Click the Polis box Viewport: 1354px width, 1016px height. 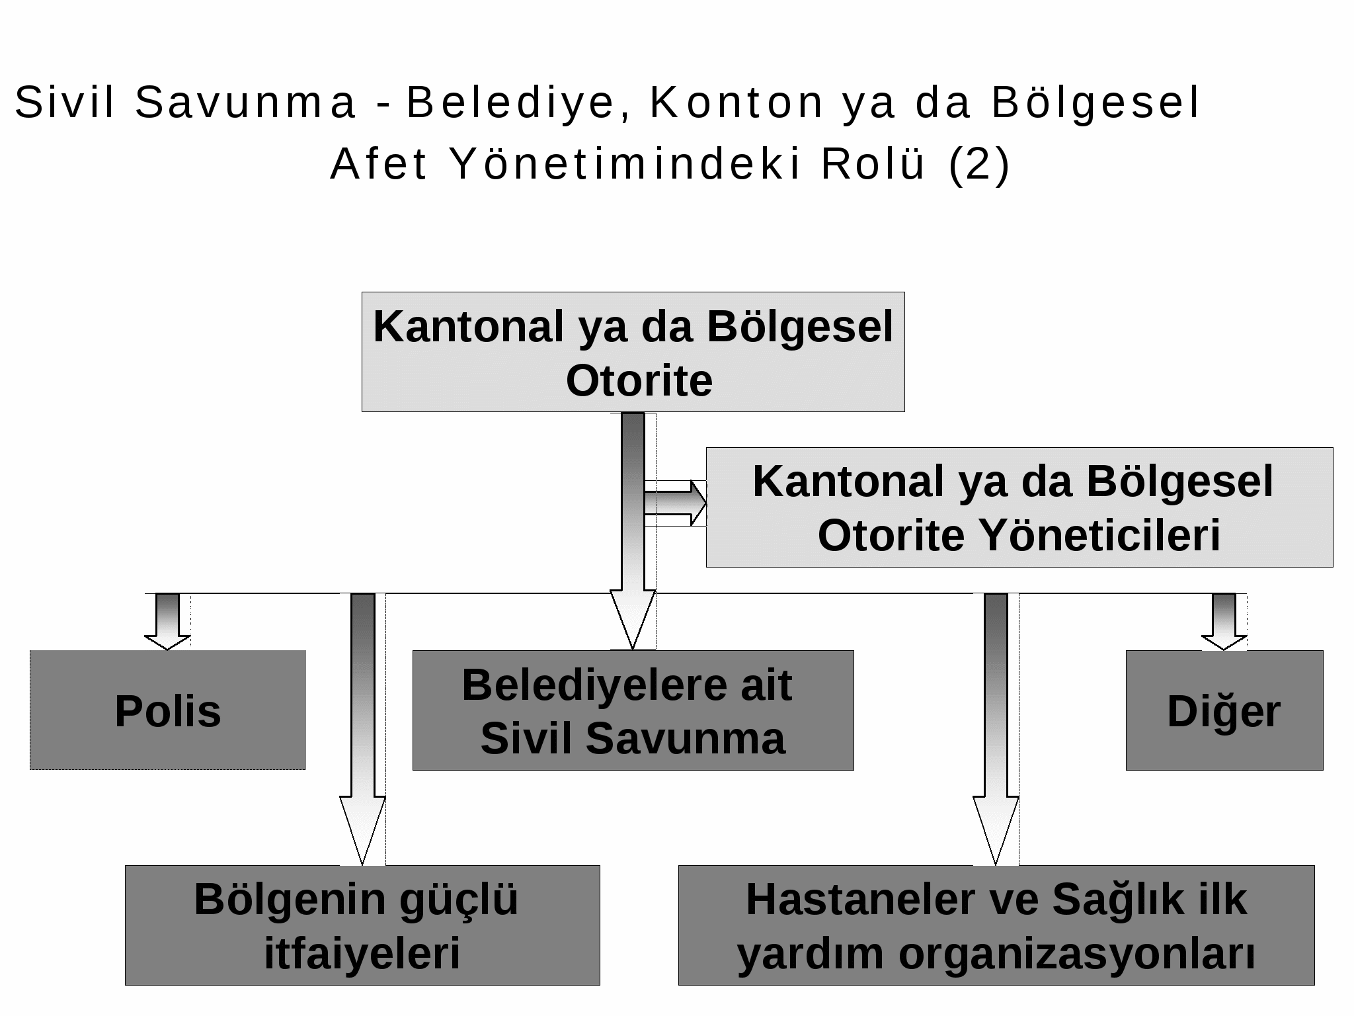(x=168, y=710)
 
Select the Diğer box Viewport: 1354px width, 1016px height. (x=1224, y=710)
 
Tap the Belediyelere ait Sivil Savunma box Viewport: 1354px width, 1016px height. (x=633, y=710)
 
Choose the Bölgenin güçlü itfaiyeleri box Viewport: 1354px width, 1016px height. (x=362, y=925)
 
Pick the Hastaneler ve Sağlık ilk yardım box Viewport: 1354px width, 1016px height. (x=996, y=925)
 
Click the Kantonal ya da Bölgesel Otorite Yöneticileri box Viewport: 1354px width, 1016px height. (x=1019, y=507)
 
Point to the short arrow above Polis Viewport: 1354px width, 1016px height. (x=167, y=622)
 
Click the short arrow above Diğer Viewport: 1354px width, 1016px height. (x=1224, y=622)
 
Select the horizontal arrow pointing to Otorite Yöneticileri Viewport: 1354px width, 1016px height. (x=676, y=503)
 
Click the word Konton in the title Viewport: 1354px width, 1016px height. (x=737, y=103)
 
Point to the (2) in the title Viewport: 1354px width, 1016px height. (x=979, y=164)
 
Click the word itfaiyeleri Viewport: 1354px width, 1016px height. (x=362, y=953)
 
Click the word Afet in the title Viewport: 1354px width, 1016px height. (x=379, y=164)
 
